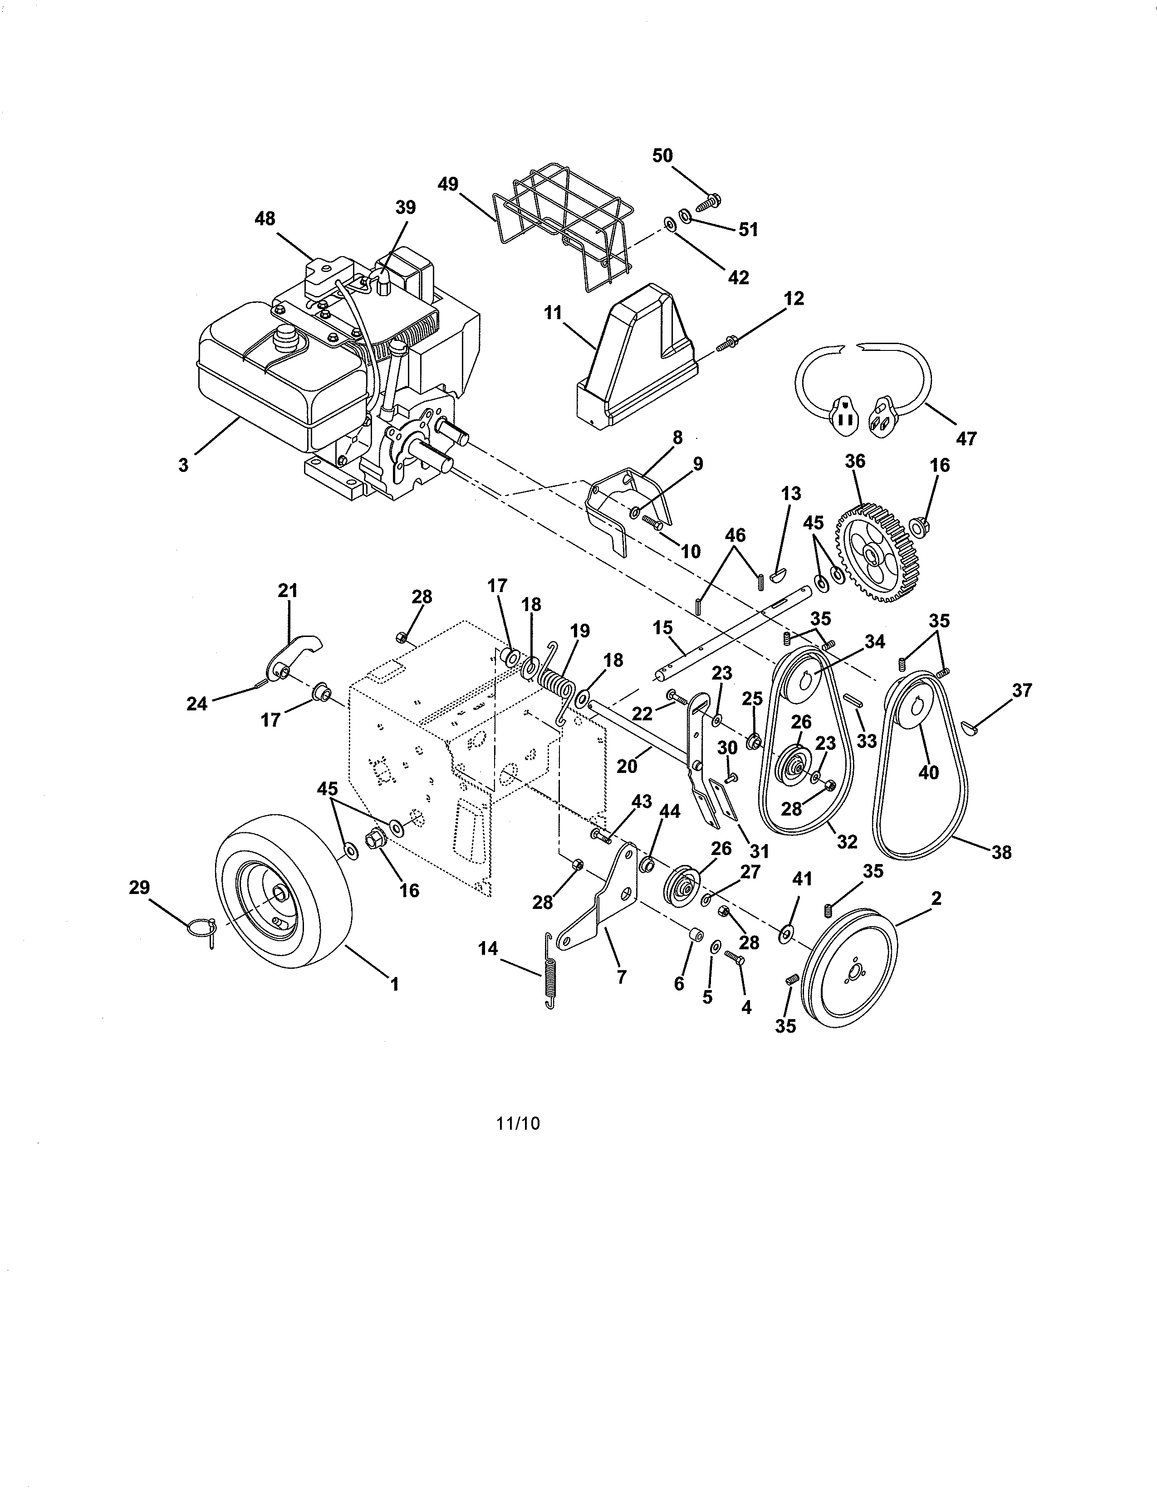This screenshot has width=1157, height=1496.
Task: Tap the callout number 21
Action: [x=287, y=590]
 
